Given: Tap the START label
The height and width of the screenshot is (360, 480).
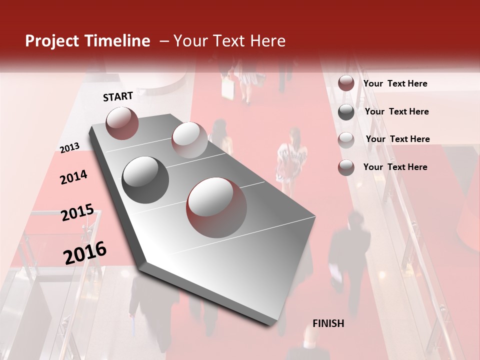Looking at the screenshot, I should click(x=118, y=96).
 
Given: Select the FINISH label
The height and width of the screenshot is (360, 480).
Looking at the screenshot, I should click(x=328, y=323).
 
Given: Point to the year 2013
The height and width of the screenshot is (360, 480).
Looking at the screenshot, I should click(x=70, y=147).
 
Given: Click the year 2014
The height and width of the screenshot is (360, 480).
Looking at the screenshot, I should click(x=73, y=177).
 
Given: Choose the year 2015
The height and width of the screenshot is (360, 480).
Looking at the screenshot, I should click(x=77, y=212).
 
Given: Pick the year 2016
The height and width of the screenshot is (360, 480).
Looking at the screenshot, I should click(x=85, y=252).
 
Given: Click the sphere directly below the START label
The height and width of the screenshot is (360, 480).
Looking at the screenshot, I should click(x=122, y=123).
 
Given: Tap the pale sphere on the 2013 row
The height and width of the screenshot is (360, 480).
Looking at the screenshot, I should click(x=189, y=139).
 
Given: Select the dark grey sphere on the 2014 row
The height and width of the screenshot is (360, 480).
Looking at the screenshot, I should click(x=145, y=179).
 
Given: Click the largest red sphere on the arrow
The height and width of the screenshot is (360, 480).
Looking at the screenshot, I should click(x=216, y=207).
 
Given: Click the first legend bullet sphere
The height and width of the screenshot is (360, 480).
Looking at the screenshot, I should click(x=346, y=83).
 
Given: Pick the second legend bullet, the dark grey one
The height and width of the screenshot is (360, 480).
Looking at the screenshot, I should click(x=346, y=111).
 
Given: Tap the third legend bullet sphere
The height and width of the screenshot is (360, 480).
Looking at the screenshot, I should click(x=346, y=139).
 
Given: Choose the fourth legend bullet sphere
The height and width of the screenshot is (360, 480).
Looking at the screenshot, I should click(x=346, y=167).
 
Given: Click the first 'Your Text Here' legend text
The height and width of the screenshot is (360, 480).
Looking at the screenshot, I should click(x=395, y=83).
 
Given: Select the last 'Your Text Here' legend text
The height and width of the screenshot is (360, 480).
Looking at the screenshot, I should click(x=395, y=167).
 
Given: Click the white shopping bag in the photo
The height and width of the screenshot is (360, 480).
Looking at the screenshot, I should click(x=228, y=90).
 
